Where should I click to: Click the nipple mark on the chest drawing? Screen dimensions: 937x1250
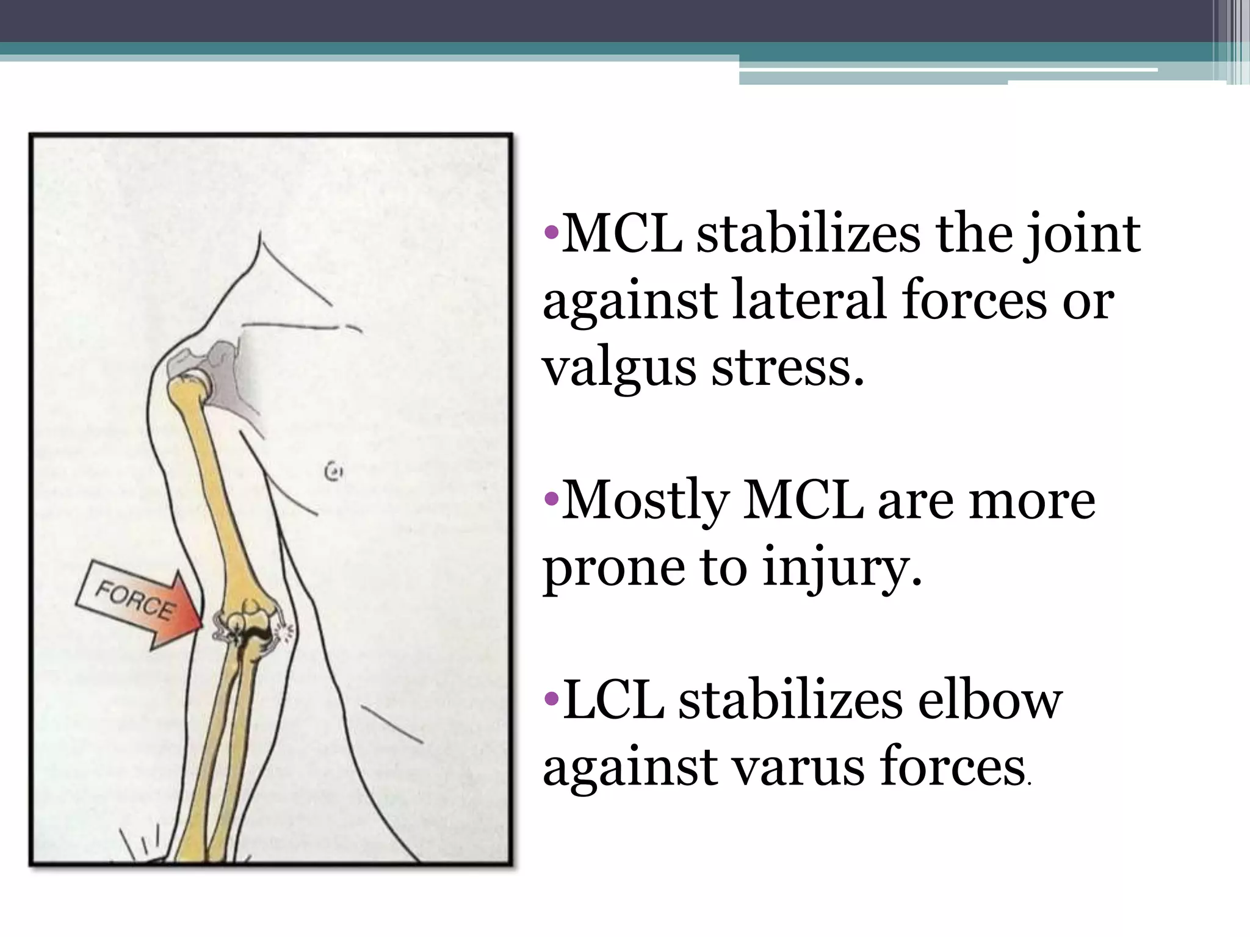333,471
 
